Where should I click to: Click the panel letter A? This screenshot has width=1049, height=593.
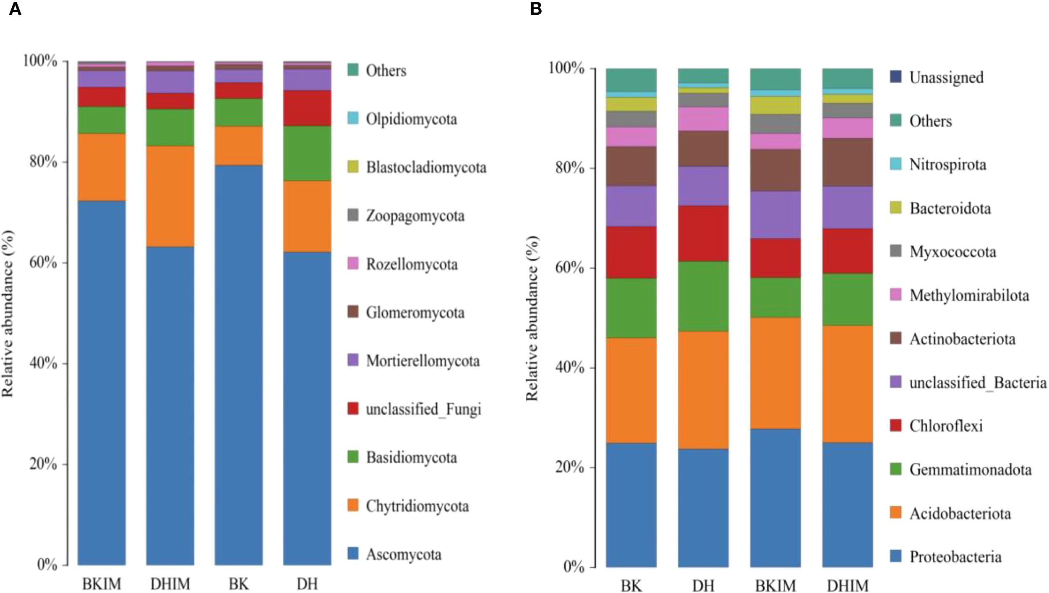point(15,8)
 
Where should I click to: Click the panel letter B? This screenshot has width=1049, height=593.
point(536,8)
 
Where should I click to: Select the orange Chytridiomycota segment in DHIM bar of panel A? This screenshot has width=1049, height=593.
point(170,196)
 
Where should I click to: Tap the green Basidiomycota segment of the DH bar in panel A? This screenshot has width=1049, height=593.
point(307,153)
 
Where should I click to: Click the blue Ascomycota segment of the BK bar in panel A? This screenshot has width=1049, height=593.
point(238,365)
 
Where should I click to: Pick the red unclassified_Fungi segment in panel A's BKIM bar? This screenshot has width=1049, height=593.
point(102,97)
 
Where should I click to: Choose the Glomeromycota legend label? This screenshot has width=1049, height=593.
point(415,313)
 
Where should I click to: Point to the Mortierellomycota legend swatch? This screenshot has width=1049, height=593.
point(353,360)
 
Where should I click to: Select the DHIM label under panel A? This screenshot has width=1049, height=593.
point(170,584)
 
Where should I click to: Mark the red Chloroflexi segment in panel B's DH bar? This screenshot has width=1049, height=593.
point(703,234)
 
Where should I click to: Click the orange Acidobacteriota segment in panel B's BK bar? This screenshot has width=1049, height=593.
point(631,390)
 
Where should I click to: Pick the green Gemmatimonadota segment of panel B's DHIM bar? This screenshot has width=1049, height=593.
point(847,299)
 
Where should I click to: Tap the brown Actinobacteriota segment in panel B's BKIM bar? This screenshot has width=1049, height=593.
point(775,170)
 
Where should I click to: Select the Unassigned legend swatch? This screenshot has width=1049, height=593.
point(895,77)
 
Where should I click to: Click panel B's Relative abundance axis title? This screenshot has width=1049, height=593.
point(532,318)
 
